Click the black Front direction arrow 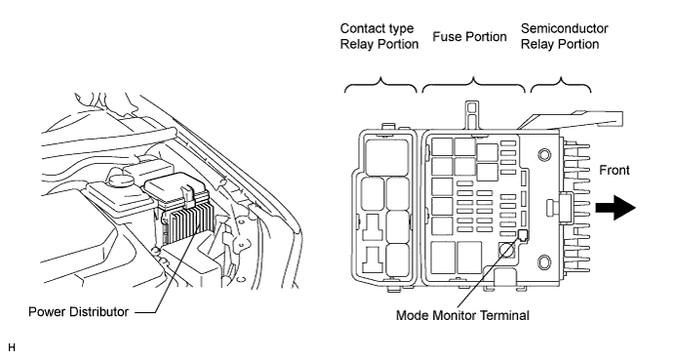tap(615, 208)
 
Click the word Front tap(615, 171)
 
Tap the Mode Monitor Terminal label tap(462, 315)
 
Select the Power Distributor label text tap(78, 311)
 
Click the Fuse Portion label tap(469, 36)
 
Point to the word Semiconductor tap(565, 28)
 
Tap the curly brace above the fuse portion tap(473, 85)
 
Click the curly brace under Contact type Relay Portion tap(380, 85)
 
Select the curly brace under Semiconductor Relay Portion tap(561, 85)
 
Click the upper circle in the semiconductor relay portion tap(544, 155)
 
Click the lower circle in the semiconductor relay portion tap(544, 261)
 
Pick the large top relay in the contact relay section tap(386, 157)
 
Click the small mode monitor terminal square tap(523, 235)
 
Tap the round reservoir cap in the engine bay tap(120, 179)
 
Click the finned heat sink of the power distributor tap(188, 223)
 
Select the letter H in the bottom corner tap(12, 347)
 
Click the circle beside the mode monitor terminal tap(506, 250)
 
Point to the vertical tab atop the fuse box tap(472, 115)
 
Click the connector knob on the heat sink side tap(560, 206)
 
